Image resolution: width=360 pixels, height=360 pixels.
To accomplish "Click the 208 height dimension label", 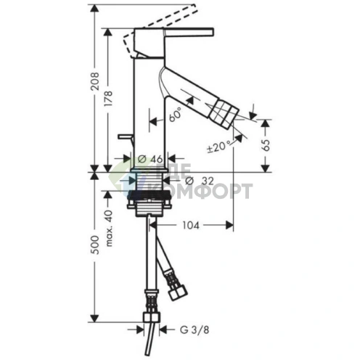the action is click(x=95, y=81).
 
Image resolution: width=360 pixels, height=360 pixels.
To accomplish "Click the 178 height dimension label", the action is click(x=108, y=99).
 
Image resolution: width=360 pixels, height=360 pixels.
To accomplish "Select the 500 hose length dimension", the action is click(x=95, y=245).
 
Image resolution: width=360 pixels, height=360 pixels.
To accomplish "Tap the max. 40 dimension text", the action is click(x=109, y=229).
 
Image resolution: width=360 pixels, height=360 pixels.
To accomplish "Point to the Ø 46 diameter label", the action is click(x=150, y=159).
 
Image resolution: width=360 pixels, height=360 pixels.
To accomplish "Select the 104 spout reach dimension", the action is click(x=191, y=226).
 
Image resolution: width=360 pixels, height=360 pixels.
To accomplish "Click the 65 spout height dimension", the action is click(x=266, y=145).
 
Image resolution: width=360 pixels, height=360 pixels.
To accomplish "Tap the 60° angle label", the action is click(x=176, y=115).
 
